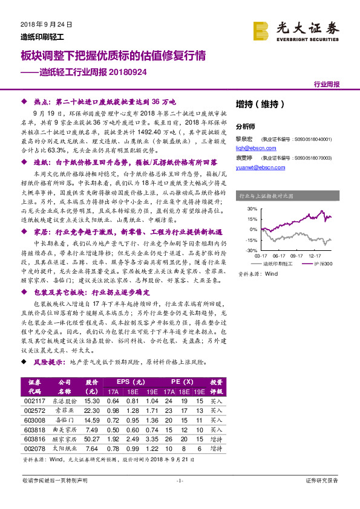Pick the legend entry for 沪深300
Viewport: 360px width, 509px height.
click(321, 264)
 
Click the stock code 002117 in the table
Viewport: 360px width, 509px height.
click(34, 400)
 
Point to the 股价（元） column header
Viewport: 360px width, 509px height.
click(92, 386)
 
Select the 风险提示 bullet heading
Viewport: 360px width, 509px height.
click(50, 361)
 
